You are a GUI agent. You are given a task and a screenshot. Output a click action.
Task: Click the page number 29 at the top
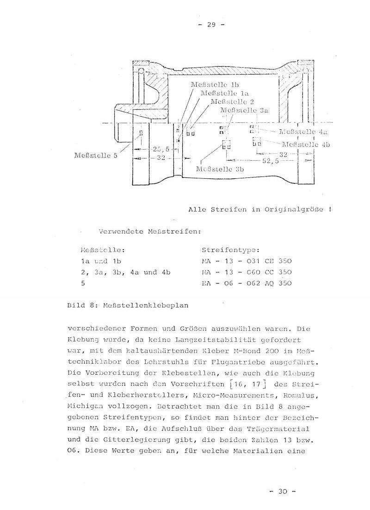(211, 25)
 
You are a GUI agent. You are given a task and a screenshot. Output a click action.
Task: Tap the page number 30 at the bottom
(282, 491)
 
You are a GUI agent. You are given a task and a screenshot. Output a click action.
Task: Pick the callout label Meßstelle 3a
(244, 110)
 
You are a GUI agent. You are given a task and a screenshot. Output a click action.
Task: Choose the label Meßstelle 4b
(306, 144)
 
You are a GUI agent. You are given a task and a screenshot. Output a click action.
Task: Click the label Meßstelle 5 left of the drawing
(96, 155)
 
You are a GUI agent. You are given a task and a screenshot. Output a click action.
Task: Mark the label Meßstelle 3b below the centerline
(220, 169)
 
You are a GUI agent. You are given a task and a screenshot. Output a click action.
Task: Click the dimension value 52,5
(271, 161)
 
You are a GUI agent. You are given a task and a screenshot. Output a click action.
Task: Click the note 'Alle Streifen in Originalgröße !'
(260, 209)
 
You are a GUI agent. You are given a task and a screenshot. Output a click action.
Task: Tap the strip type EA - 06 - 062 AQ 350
(247, 283)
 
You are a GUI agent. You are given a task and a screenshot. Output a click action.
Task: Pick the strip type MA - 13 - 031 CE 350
(247, 261)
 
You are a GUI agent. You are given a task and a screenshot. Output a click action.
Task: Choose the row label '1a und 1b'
(100, 261)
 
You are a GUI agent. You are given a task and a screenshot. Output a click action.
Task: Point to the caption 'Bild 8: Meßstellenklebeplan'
(128, 306)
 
